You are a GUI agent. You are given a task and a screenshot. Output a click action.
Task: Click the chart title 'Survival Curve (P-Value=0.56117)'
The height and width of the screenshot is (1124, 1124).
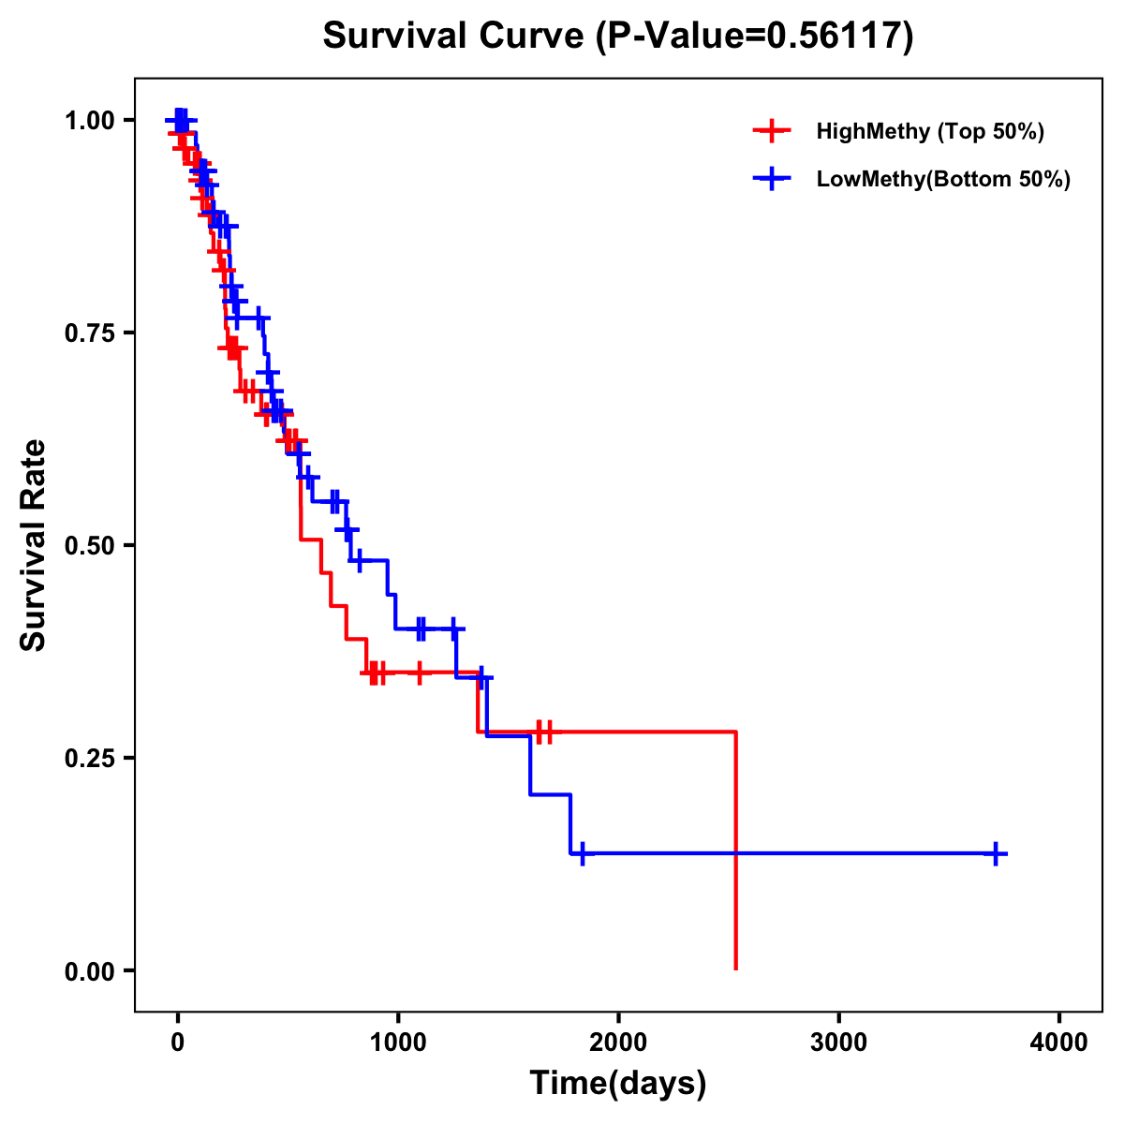(x=618, y=37)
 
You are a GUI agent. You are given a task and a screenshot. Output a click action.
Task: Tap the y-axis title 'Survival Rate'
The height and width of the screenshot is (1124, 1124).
(x=34, y=544)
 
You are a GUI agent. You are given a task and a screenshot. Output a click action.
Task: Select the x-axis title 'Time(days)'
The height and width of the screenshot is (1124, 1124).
(x=618, y=1084)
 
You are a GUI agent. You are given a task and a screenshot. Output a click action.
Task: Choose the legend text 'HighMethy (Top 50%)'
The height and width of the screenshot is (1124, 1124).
(x=930, y=131)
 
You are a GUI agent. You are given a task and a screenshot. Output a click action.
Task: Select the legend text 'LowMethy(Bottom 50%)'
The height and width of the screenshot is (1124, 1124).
(x=943, y=179)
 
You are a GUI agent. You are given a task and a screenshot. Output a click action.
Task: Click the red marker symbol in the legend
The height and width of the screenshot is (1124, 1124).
(x=771, y=131)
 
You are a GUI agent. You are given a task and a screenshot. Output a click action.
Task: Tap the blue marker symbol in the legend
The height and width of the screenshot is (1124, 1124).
(x=771, y=179)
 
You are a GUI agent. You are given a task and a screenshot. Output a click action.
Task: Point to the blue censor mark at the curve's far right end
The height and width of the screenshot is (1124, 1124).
(x=996, y=853)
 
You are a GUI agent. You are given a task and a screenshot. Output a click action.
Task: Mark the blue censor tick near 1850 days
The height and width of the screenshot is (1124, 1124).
(x=582, y=853)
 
